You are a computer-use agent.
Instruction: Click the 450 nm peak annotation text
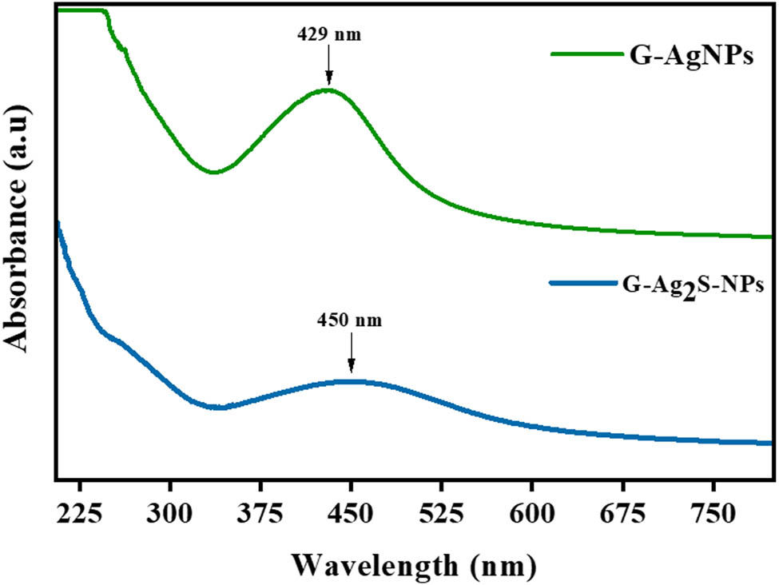(x=350, y=322)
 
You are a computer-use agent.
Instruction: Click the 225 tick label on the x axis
(x=79, y=513)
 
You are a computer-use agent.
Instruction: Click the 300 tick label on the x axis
(x=170, y=513)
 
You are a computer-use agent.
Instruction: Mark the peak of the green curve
(x=328, y=90)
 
